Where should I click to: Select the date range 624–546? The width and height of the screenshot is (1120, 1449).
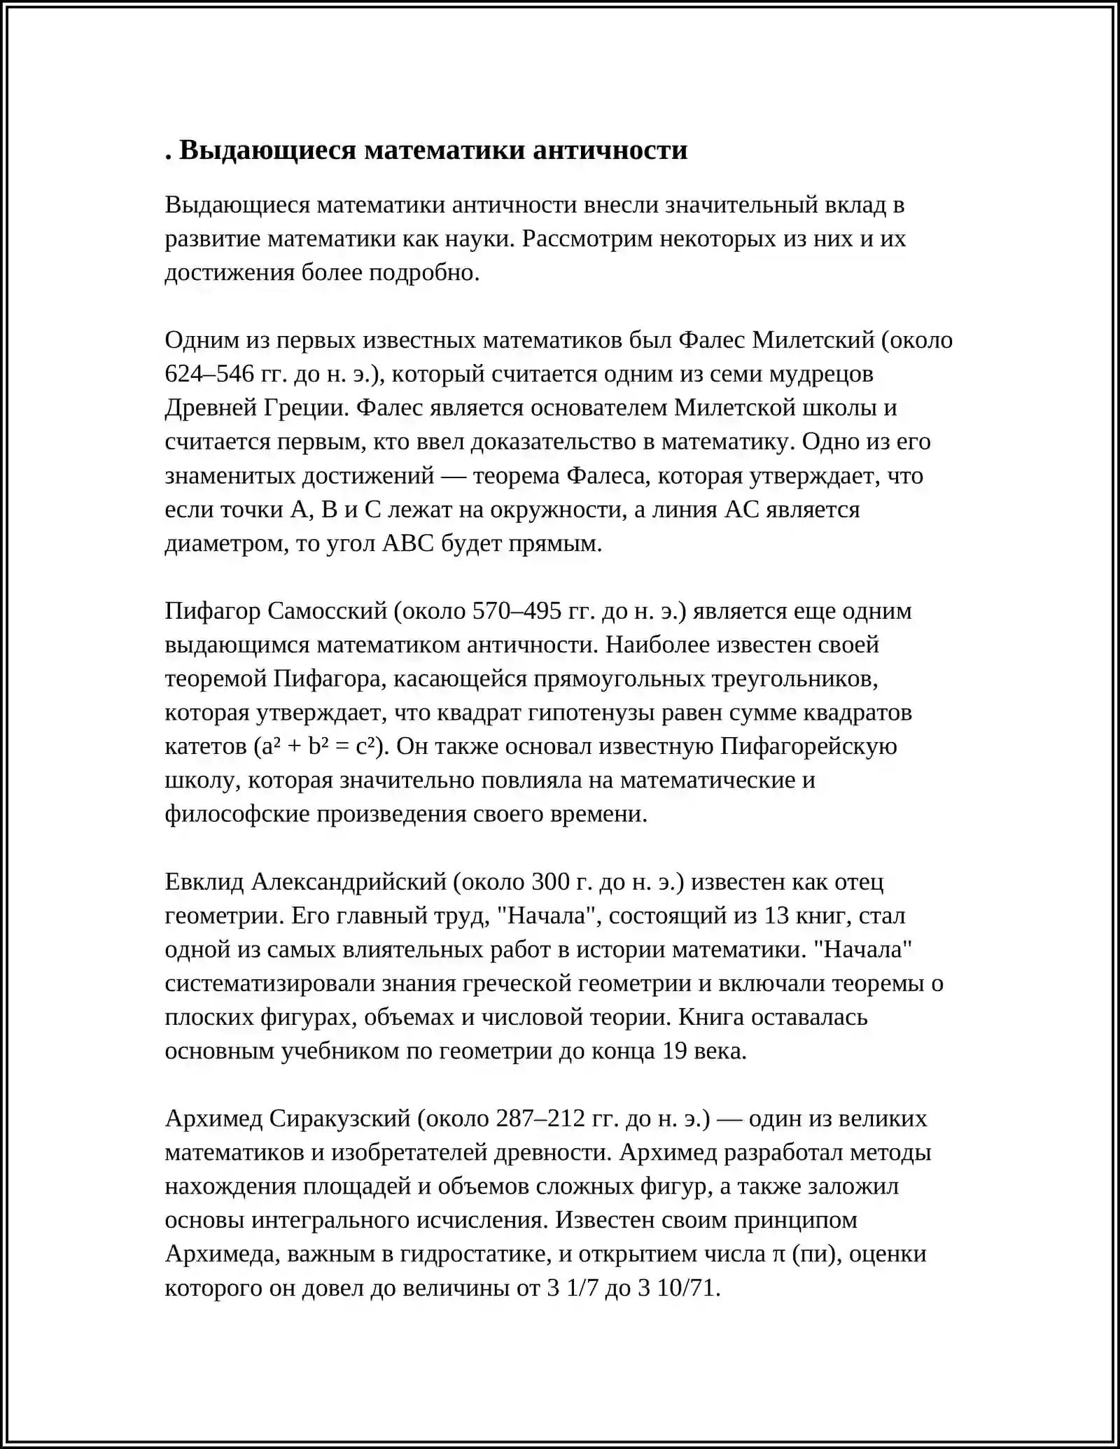coord(209,374)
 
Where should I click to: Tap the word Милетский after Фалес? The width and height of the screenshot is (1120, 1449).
coord(813,340)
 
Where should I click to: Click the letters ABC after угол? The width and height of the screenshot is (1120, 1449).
coord(408,544)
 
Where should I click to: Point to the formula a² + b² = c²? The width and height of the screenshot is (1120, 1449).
coord(321,747)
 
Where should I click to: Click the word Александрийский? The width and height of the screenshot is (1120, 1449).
coord(348,882)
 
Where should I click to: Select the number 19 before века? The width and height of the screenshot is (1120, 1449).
coord(674,1051)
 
